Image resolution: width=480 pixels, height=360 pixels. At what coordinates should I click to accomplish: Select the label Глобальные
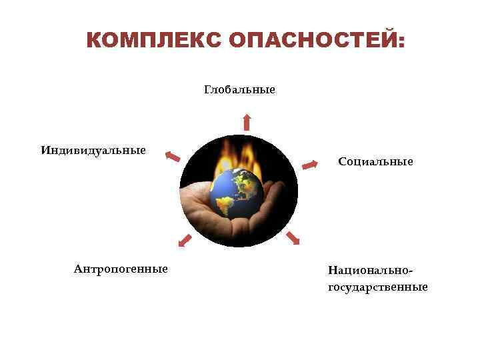tap(239, 89)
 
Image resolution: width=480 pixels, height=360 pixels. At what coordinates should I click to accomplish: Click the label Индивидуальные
tap(93, 149)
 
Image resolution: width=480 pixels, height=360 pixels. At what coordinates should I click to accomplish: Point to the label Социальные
tap(375, 161)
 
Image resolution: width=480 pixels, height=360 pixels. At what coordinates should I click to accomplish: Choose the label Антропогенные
tap(121, 269)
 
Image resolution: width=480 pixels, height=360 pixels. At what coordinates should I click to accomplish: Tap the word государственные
tap(377, 287)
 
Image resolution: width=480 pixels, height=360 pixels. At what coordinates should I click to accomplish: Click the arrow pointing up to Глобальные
tap(247, 121)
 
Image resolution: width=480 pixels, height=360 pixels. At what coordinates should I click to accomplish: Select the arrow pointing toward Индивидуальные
tap(173, 157)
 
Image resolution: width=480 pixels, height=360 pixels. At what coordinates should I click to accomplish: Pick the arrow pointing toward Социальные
tap(310, 164)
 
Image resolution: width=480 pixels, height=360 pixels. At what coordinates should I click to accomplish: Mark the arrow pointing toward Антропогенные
tap(185, 241)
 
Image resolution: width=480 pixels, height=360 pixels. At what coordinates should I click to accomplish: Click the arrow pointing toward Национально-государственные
tap(293, 238)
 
